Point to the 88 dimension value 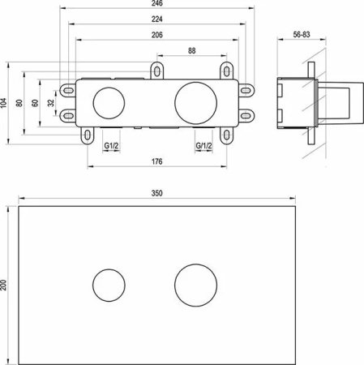(191, 50)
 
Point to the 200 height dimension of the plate (5, 285)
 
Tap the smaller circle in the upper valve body (105, 102)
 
